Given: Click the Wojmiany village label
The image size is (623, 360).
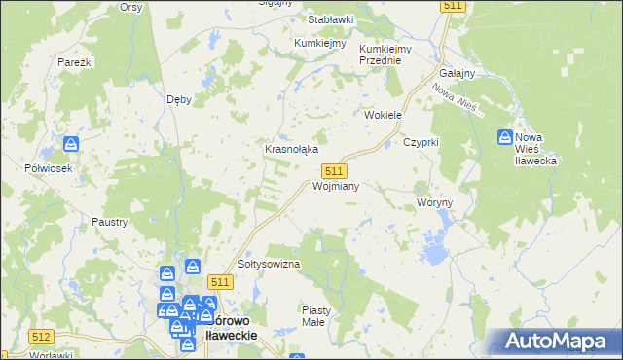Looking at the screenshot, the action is click(x=336, y=185).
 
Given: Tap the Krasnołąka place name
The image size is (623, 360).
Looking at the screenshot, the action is click(x=292, y=149).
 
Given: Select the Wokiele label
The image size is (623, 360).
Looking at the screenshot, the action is click(x=384, y=115).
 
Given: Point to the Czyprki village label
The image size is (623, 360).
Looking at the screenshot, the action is click(x=422, y=142).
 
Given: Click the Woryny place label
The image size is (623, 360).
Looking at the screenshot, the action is click(x=434, y=202).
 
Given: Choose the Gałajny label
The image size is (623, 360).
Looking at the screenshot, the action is click(x=457, y=74).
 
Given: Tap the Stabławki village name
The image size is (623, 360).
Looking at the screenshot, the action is click(x=331, y=19).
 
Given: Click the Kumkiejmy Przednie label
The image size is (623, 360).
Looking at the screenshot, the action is click(x=385, y=54).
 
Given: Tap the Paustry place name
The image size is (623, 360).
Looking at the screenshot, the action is click(x=110, y=222).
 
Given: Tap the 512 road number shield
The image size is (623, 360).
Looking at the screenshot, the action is click(x=40, y=336).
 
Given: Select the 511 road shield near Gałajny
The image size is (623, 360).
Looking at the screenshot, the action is click(x=453, y=6).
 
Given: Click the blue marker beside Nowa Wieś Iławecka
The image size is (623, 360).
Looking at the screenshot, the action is click(x=506, y=138).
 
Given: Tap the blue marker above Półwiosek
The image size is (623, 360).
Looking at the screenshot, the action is click(x=72, y=145).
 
